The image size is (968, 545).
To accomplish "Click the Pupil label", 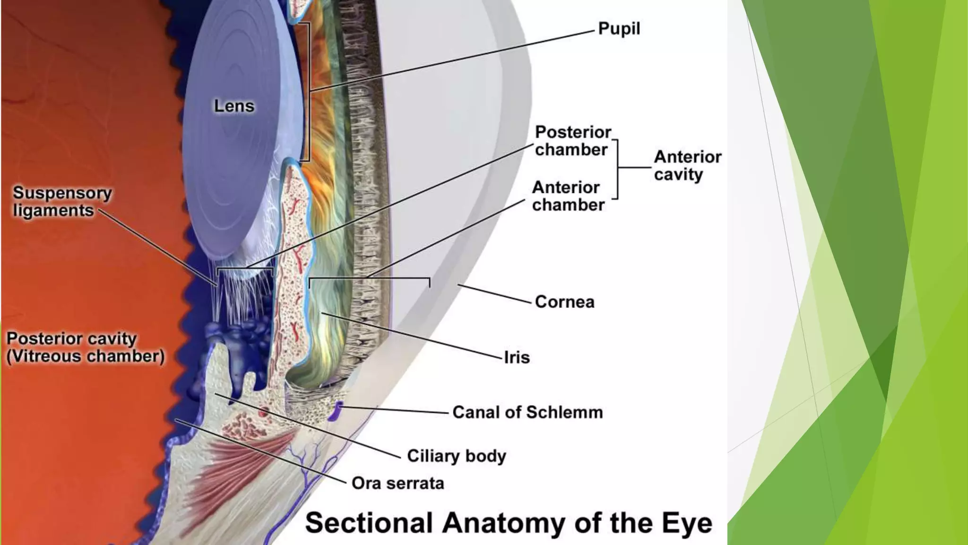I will click(619, 28).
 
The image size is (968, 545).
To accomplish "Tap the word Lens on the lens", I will click(234, 106).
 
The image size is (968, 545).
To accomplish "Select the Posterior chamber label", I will click(572, 141).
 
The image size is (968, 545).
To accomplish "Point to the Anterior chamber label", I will click(568, 196).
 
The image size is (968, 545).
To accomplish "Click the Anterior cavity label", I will click(687, 166).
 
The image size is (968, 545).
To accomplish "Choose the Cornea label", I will click(564, 302).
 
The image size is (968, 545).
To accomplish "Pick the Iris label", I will click(517, 358).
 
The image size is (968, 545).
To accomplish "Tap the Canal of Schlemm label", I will click(527, 412).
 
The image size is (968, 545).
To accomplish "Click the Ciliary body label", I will click(456, 456).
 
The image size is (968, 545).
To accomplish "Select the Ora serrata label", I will click(398, 483).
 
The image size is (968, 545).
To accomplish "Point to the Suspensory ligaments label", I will click(62, 202).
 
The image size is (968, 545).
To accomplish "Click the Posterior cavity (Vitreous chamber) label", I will click(85, 347).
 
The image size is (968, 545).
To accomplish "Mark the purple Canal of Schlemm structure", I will click(337, 411).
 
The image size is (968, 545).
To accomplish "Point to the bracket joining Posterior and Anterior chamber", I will click(617, 168).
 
